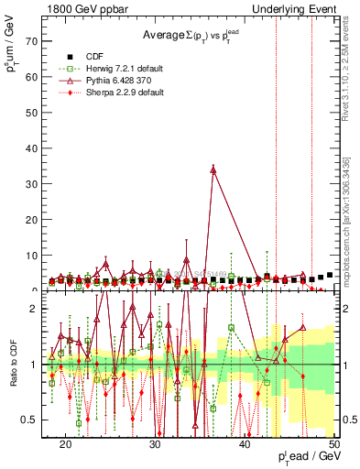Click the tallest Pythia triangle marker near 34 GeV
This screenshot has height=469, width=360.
tap(213, 169)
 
